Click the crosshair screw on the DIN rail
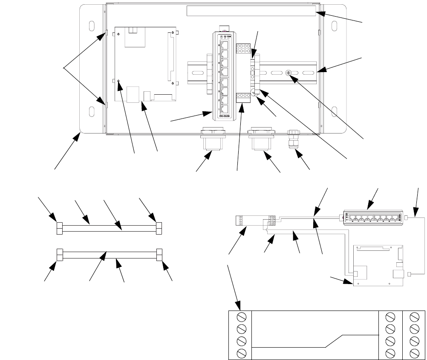coord(289,74)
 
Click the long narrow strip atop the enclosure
coord(251,11)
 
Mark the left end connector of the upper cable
coord(60,228)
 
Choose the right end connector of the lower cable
coord(160,254)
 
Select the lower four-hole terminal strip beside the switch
coord(242,98)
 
